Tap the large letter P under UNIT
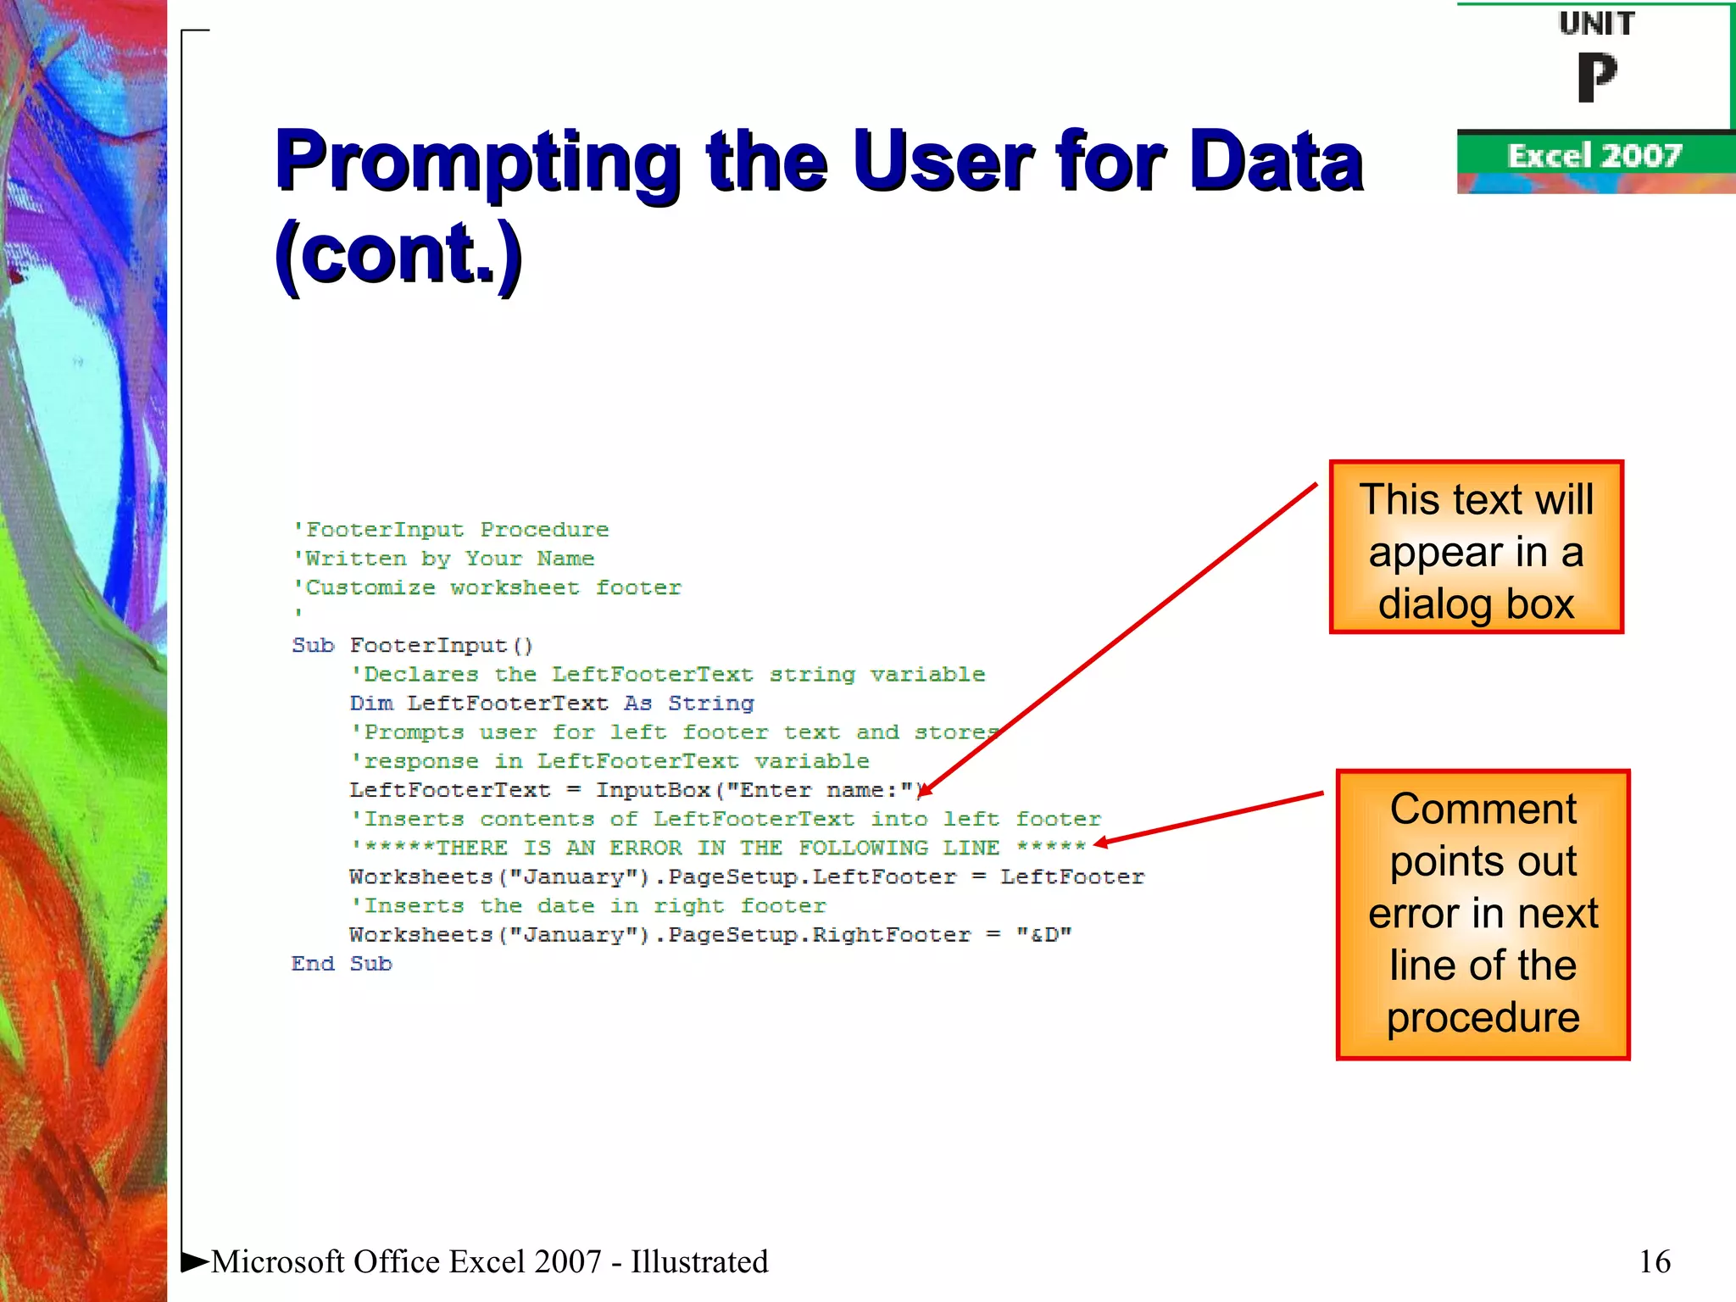(x=1597, y=78)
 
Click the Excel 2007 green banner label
(x=1594, y=156)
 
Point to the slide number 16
(x=1654, y=1261)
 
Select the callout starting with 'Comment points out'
(x=1483, y=914)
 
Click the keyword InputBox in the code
(x=653, y=790)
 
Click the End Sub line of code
(x=342, y=964)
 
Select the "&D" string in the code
(x=1043, y=935)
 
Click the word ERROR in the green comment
(x=645, y=848)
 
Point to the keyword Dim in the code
(x=371, y=704)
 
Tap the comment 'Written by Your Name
(x=444, y=559)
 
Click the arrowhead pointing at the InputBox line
(x=924, y=791)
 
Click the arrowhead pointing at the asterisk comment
(x=1100, y=843)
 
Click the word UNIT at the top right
(x=1596, y=24)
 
